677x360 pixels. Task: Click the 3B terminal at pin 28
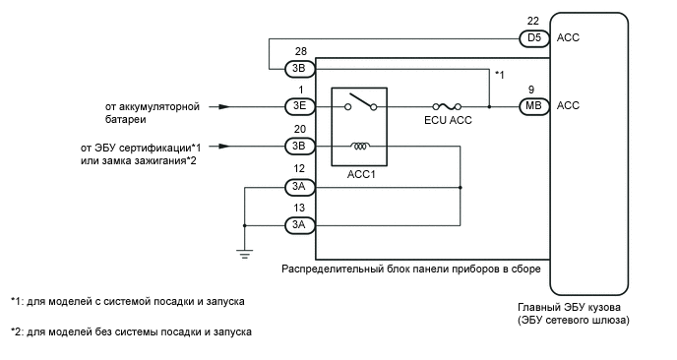click(299, 69)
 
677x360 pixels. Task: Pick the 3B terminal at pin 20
click(299, 147)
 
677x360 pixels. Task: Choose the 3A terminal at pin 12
click(299, 186)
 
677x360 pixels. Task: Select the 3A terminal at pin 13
click(299, 225)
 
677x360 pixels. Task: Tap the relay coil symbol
click(361, 147)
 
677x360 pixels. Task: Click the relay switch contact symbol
click(361, 102)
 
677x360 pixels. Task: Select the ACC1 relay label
click(359, 176)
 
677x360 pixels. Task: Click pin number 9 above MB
click(532, 89)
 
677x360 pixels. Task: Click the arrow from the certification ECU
click(222, 147)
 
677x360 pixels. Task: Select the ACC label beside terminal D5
click(569, 39)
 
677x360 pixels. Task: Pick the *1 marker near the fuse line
click(500, 76)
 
